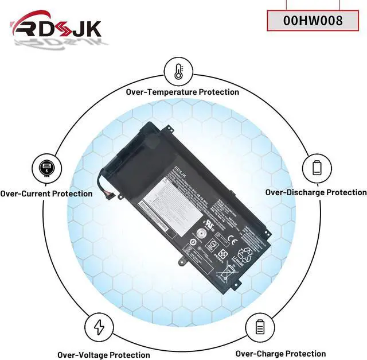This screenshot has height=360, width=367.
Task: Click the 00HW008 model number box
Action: pyautogui.click(x=313, y=21)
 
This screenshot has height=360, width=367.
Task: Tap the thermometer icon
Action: pyautogui.click(x=178, y=72)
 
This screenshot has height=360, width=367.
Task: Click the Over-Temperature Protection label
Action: pyautogui.click(x=183, y=92)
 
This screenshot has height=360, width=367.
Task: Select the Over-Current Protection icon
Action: pyautogui.click(x=46, y=168)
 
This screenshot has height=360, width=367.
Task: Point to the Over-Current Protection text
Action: pyautogui.click(x=46, y=193)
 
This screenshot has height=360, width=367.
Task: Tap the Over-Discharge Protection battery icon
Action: pyautogui.click(x=317, y=168)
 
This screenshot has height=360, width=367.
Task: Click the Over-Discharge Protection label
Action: pyautogui.click(x=316, y=192)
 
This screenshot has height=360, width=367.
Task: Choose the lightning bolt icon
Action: pyautogui.click(x=99, y=327)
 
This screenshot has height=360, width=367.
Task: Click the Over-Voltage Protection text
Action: pyautogui.click(x=104, y=355)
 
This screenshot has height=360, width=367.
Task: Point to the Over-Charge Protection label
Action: pyautogui.click(x=280, y=354)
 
